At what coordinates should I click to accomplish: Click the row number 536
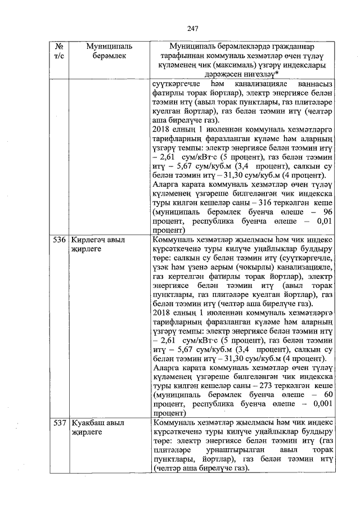(x=60, y=240)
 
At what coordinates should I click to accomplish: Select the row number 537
(x=60, y=422)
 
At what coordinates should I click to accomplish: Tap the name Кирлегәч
(x=91, y=240)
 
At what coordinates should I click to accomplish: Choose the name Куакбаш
(x=89, y=422)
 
